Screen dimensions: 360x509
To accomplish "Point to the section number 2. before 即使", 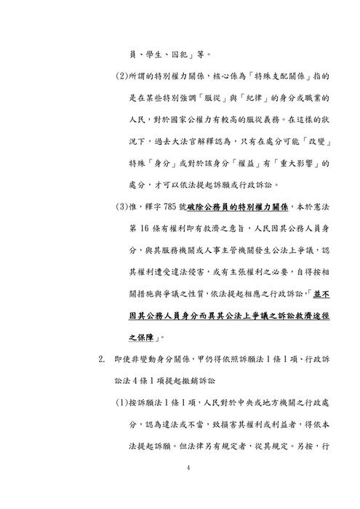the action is pyautogui.click(x=103, y=359).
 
